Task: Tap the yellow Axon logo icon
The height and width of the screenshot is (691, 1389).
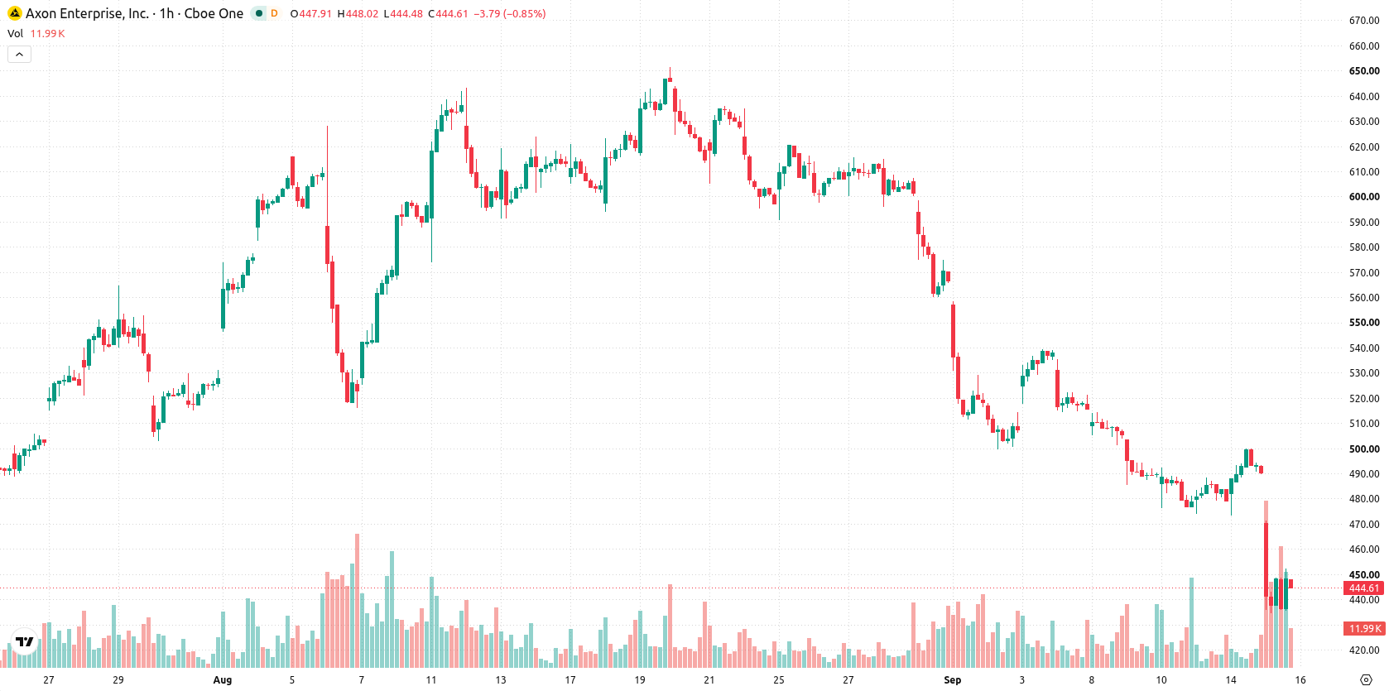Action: pyautogui.click(x=14, y=13)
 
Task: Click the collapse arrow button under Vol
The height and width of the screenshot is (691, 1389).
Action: pyautogui.click(x=19, y=55)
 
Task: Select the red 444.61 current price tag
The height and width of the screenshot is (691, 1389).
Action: pyautogui.click(x=1364, y=588)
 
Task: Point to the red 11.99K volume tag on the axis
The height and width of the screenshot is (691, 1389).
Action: pyautogui.click(x=1364, y=628)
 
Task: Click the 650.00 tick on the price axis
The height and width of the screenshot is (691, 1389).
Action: pyautogui.click(x=1364, y=71)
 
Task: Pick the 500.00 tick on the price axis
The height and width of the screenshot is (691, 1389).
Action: pyautogui.click(x=1364, y=449)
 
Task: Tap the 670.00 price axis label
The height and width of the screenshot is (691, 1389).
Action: pyautogui.click(x=1364, y=21)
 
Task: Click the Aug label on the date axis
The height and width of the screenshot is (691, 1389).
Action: pyautogui.click(x=223, y=680)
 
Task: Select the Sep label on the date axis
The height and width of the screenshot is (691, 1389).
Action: pyautogui.click(x=953, y=680)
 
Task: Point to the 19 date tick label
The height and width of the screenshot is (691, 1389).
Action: pyautogui.click(x=639, y=680)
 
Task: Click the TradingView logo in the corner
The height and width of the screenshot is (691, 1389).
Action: pyautogui.click(x=25, y=641)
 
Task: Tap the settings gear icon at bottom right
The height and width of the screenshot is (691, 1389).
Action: pyautogui.click(x=1366, y=680)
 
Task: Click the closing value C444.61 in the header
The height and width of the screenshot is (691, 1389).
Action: pyautogui.click(x=448, y=13)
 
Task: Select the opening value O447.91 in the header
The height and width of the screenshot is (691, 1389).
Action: pyautogui.click(x=311, y=13)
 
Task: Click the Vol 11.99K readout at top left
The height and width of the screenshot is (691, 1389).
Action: pyautogui.click(x=36, y=33)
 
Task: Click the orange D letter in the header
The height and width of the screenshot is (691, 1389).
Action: pyautogui.click(x=274, y=13)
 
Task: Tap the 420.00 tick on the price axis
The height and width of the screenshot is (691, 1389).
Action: pyautogui.click(x=1364, y=650)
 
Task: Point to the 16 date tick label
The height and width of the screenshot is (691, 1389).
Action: pyautogui.click(x=1300, y=680)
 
